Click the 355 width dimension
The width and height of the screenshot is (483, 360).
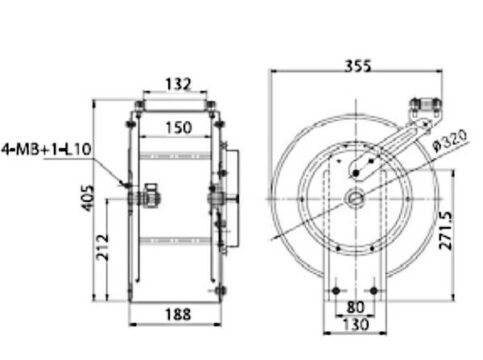[x=358, y=66]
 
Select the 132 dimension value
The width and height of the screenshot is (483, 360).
[x=178, y=84]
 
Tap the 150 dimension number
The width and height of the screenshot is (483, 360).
[x=179, y=128]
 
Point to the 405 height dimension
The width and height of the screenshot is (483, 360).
[x=88, y=198]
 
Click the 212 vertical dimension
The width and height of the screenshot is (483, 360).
[x=102, y=247]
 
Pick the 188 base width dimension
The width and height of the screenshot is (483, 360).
[x=178, y=314]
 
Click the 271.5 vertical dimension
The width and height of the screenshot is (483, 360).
[x=446, y=230]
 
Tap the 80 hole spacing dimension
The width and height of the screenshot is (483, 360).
[x=355, y=307]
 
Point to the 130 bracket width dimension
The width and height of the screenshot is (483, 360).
[x=356, y=324]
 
